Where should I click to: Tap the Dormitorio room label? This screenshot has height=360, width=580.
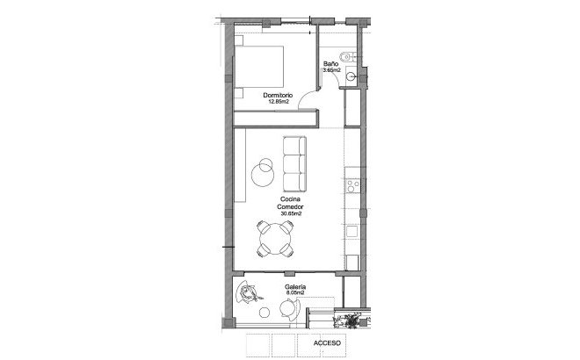pos(279,95)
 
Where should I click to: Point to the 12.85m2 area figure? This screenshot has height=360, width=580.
pos(279,102)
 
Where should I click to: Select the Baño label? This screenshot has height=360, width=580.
pos(331,64)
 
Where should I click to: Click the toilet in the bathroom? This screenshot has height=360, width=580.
pos(348,58)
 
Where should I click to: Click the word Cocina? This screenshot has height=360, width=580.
pos(291,199)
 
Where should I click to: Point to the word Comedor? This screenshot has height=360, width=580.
pos(291,207)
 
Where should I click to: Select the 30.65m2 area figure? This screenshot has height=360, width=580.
pos(291,214)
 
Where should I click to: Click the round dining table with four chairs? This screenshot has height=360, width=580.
pos(276,237)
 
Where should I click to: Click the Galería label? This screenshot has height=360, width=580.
pos(295,287)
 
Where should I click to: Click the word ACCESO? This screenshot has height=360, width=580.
pos(326,343)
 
